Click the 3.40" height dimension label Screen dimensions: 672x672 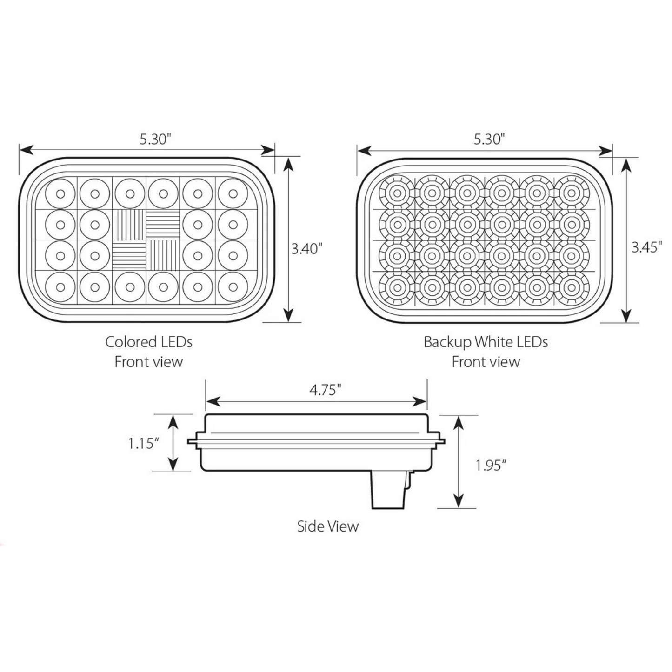[306, 249]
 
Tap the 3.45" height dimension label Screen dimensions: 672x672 [646, 247]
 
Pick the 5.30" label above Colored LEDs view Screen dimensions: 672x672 [156, 139]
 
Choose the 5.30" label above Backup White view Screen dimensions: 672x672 [489, 139]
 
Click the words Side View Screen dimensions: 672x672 [328, 526]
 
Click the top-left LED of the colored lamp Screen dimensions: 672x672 [60, 193]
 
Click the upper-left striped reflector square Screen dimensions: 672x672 [130, 224]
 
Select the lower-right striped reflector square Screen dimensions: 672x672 [163, 255]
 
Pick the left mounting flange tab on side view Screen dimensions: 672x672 [193, 441]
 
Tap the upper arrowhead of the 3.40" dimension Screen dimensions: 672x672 [289, 164]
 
